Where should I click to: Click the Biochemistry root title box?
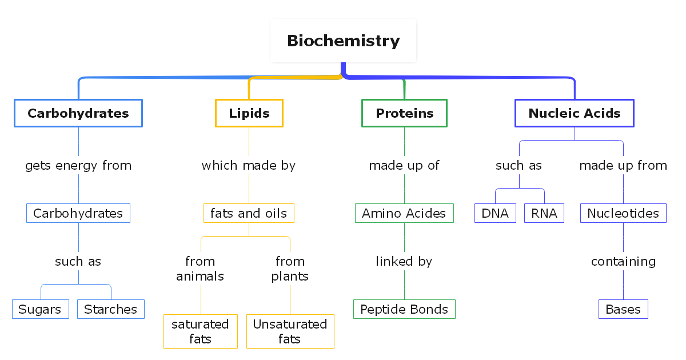(343, 41)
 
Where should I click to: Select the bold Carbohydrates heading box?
(78, 113)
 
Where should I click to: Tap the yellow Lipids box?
(249, 113)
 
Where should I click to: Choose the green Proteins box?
(404, 113)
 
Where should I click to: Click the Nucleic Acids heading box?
(574, 113)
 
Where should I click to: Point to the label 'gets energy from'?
(78, 166)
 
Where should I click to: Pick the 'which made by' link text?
(249, 166)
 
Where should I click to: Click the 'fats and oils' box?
(249, 213)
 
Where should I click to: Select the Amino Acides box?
(404, 213)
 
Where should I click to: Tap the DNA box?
(495, 213)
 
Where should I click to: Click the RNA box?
(544, 213)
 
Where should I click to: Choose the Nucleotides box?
(623, 213)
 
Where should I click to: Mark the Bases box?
(623, 309)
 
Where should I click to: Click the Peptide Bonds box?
(404, 309)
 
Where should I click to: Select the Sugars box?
(40, 309)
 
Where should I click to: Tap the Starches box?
(110, 309)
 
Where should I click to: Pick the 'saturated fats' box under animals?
(200, 331)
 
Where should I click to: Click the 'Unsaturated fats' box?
(290, 331)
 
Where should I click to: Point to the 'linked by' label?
(404, 261)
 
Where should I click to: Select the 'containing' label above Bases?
(623, 261)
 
